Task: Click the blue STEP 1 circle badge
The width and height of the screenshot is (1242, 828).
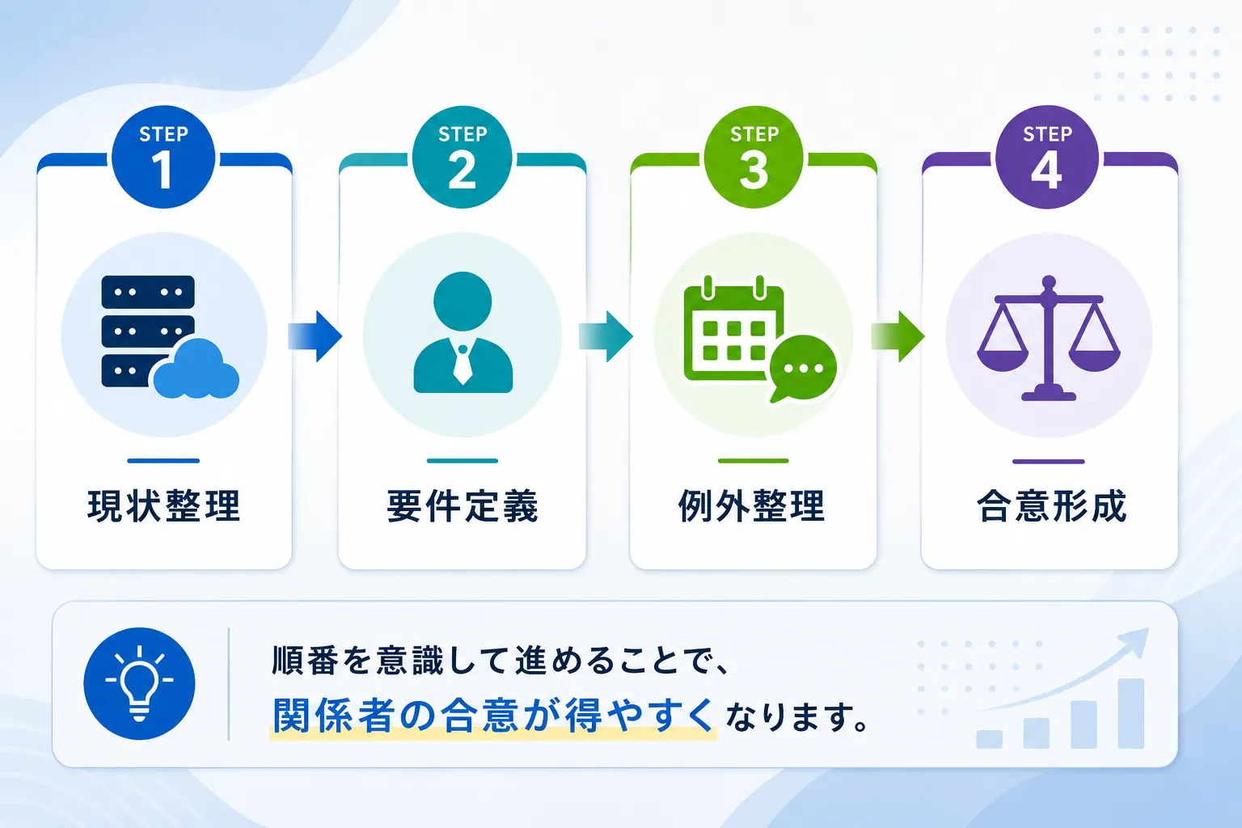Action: click(163, 157)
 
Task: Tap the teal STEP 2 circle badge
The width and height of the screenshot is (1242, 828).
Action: click(462, 157)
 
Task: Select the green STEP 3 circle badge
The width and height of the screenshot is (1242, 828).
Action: click(754, 157)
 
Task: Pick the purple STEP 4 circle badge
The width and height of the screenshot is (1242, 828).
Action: click(1047, 157)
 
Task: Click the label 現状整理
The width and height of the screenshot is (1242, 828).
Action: click(163, 506)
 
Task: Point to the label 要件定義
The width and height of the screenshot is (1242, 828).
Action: click(462, 506)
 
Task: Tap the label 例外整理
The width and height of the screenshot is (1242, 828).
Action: click(752, 506)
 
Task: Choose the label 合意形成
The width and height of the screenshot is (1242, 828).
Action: click(1051, 506)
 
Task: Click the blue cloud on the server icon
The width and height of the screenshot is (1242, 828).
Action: click(196, 369)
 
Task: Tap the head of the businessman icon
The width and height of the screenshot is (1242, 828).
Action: click(463, 301)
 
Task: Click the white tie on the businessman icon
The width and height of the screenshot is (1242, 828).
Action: click(463, 364)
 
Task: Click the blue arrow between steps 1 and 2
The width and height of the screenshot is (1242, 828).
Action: click(315, 336)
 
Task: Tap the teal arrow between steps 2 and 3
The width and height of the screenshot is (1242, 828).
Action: click(606, 336)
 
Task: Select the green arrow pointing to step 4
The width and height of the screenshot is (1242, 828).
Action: click(898, 336)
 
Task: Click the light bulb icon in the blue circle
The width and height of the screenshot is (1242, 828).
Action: click(139, 683)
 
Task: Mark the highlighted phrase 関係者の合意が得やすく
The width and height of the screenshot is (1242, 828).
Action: click(492, 716)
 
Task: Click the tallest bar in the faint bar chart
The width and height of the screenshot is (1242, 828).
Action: click(1131, 713)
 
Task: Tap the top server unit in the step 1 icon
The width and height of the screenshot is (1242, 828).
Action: click(148, 292)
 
